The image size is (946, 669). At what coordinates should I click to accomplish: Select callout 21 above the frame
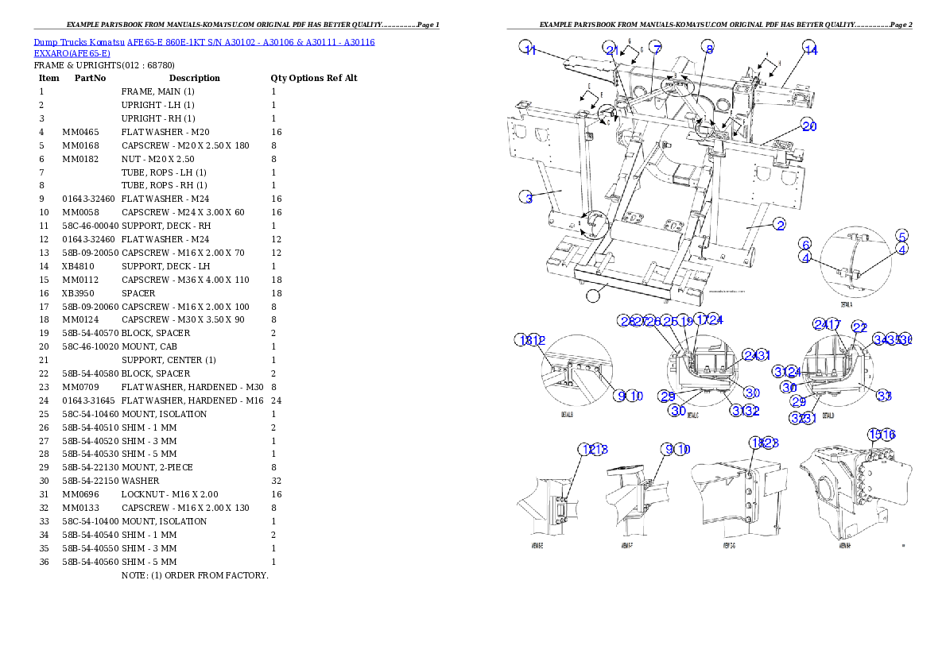[x=611, y=48]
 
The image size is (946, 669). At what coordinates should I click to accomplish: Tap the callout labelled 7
[x=655, y=48]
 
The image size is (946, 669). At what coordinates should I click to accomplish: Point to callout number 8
[x=709, y=48]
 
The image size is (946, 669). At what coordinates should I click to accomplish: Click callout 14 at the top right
[x=808, y=48]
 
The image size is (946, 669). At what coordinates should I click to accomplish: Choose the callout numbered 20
[x=808, y=126]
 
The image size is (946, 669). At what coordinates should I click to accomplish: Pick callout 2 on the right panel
[x=781, y=225]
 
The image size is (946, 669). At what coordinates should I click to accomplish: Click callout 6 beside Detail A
[x=805, y=244]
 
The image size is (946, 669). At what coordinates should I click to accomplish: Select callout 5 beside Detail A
[x=901, y=236]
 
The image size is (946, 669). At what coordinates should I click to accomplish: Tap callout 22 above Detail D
[x=859, y=326]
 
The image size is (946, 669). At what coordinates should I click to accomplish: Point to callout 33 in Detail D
[x=884, y=395]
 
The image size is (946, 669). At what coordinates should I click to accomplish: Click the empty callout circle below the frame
[x=593, y=296]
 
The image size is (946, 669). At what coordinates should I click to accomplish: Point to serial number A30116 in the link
[x=359, y=42]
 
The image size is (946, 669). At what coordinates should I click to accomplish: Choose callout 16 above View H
[x=888, y=435]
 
